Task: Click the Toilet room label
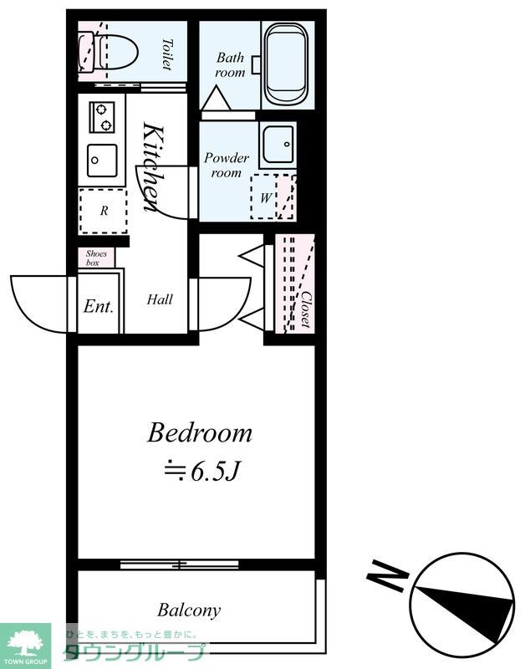[x=167, y=54]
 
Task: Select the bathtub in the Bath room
[x=286, y=64]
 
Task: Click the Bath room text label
[x=230, y=64]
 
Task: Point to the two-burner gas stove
[x=102, y=117]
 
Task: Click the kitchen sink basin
[x=102, y=160]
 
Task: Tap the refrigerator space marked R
[x=103, y=211]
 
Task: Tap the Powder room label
[x=227, y=165]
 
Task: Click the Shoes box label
[x=96, y=258]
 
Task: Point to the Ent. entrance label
[x=99, y=306]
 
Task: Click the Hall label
[x=160, y=299]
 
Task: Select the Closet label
[x=305, y=309]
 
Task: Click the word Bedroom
[x=200, y=432]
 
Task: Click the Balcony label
[x=189, y=610]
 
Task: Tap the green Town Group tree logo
[x=26, y=642]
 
